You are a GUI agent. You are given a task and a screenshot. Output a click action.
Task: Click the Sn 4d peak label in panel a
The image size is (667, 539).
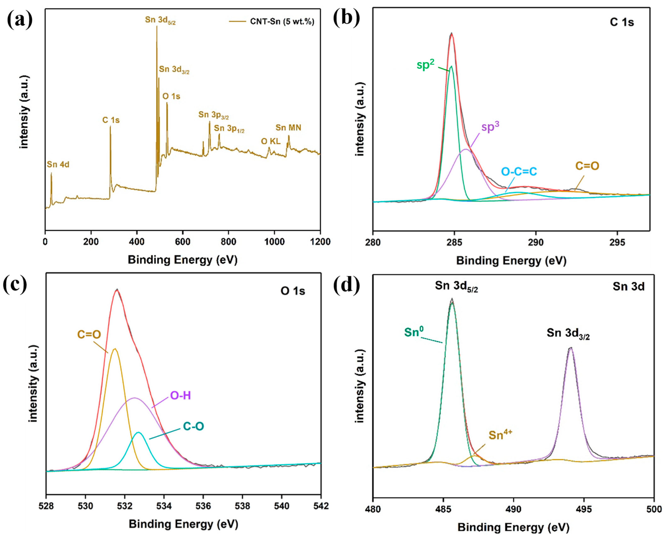[58, 165]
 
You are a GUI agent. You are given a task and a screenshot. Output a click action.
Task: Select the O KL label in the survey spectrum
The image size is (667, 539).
[271, 142]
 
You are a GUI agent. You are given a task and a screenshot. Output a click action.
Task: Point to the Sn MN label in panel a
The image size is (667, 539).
[288, 128]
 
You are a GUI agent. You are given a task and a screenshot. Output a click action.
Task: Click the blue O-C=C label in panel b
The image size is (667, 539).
[519, 171]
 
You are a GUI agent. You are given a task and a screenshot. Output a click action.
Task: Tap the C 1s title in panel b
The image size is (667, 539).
[622, 22]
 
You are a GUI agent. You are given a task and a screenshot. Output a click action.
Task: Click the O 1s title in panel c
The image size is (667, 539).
[293, 291]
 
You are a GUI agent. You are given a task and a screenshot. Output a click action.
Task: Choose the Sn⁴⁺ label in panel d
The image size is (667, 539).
[500, 435]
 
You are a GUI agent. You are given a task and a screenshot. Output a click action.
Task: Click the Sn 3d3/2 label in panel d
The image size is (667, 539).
[568, 333]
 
